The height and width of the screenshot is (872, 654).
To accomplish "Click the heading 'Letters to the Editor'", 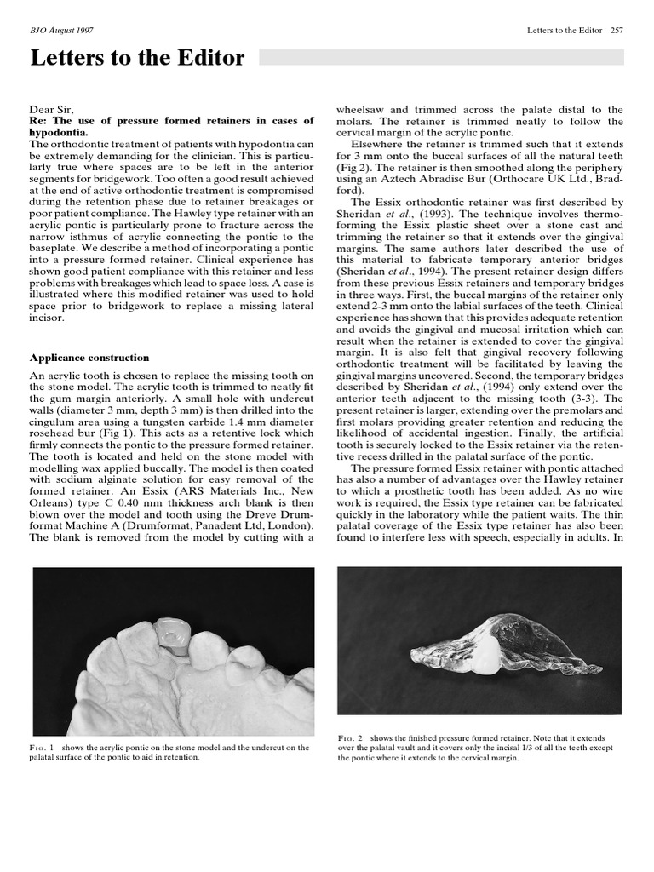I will tap(137, 59).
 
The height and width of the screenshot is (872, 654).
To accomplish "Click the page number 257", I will tap(617, 31).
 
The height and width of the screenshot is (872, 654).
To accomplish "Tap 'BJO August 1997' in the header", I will tap(63, 31).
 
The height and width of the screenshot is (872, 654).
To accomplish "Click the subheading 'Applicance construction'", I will tap(89, 358).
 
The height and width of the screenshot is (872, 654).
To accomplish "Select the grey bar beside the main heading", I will tap(440, 57).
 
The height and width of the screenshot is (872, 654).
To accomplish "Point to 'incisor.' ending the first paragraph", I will tap(49, 318).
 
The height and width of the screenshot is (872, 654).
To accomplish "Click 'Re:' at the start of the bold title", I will tap(41, 121).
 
